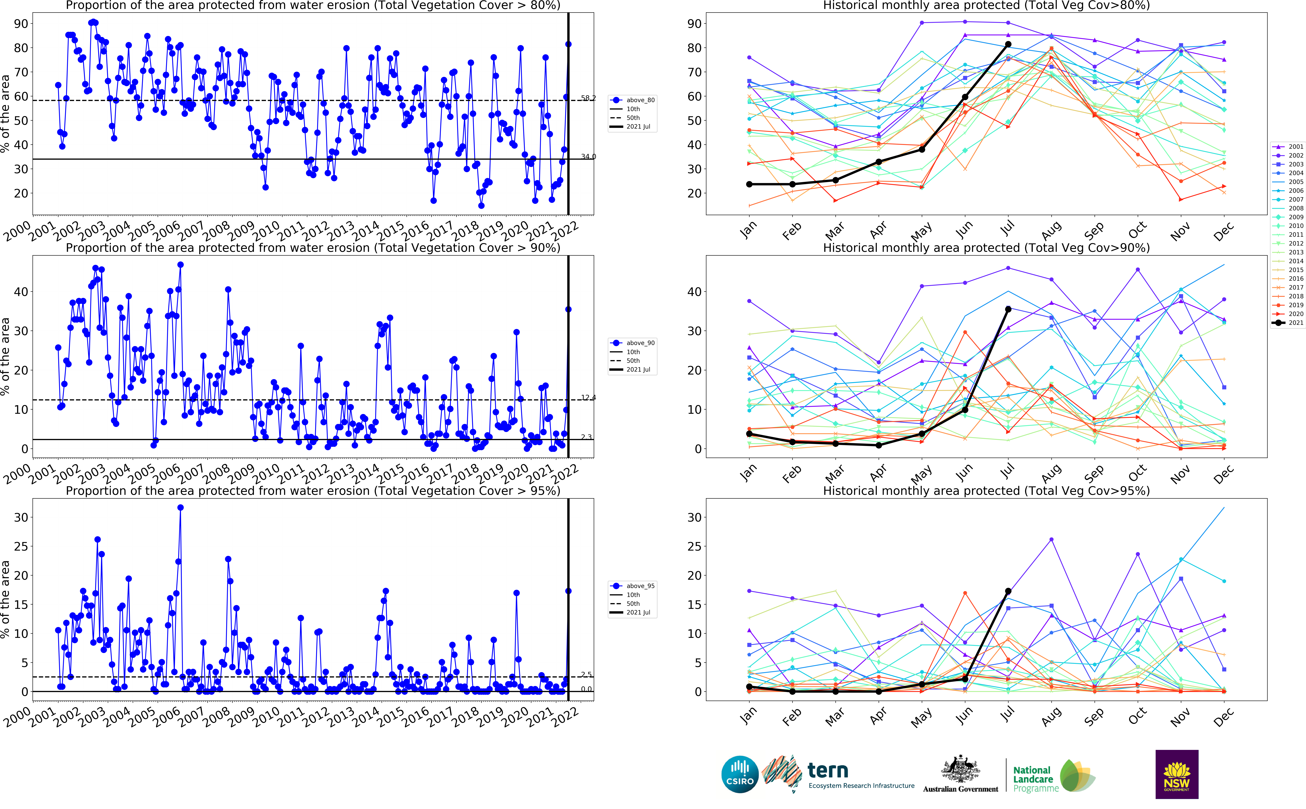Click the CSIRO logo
(x=740, y=774)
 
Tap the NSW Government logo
(x=1177, y=774)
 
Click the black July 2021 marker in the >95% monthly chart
(x=1008, y=591)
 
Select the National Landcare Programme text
(x=1035, y=779)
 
